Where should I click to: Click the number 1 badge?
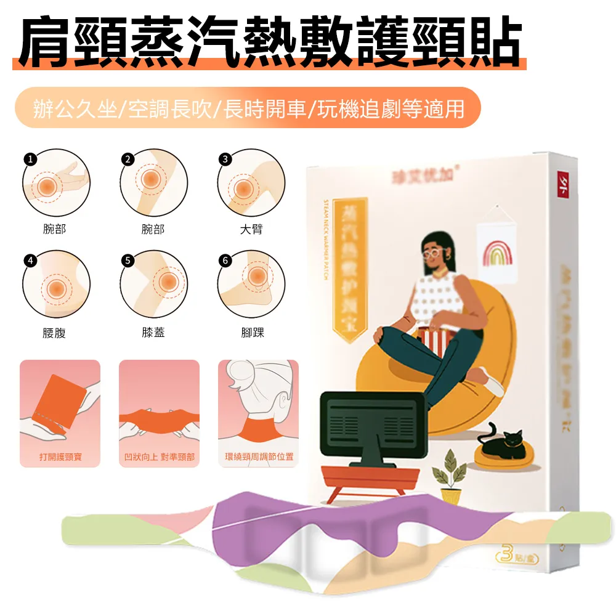click(30, 159)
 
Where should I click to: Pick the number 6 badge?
click(225, 260)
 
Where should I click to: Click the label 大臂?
click(251, 230)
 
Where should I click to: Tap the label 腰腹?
click(55, 333)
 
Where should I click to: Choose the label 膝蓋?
click(153, 333)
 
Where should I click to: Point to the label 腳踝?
click(251, 333)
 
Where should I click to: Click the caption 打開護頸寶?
click(60, 458)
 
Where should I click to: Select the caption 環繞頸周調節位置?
click(259, 458)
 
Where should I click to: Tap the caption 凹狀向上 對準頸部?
click(159, 458)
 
